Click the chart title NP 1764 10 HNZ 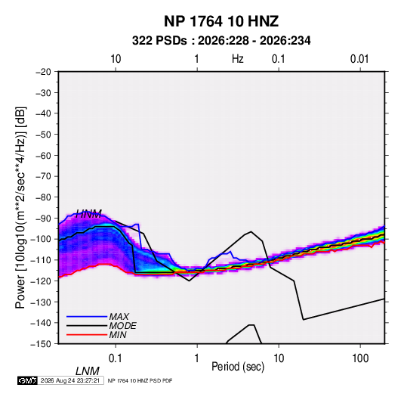click(x=221, y=21)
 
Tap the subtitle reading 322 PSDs click(x=159, y=41)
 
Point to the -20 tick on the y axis click(x=43, y=72)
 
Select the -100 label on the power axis click(x=41, y=239)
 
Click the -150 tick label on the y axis click(x=41, y=344)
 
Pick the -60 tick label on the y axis click(x=43, y=156)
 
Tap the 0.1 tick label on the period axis click(x=116, y=358)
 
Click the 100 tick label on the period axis click(x=360, y=358)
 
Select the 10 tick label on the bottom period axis click(x=279, y=358)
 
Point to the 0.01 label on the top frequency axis click(x=359, y=59)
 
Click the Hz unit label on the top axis click(x=238, y=59)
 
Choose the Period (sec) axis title click(x=238, y=367)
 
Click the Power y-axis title click(x=20, y=207)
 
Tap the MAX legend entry click(x=119, y=317)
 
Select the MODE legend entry click(x=122, y=326)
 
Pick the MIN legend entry click(x=118, y=335)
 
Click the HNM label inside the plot click(x=88, y=214)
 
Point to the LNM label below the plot click(x=88, y=371)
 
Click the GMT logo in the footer click(x=27, y=380)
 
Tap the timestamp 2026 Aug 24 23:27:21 click(x=70, y=380)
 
